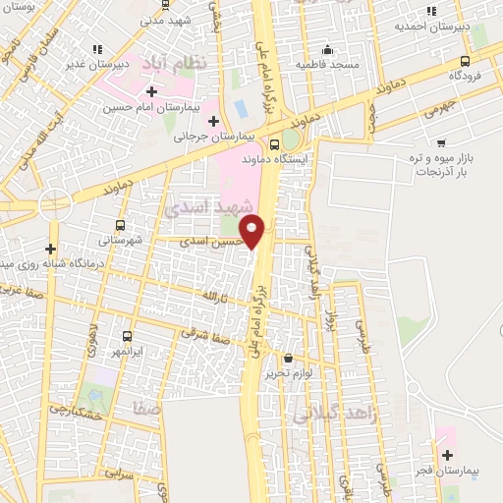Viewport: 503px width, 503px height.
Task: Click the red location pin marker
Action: point(253,230)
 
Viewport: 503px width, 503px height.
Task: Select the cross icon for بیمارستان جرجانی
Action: point(213,121)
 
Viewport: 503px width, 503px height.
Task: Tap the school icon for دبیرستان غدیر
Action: point(95,49)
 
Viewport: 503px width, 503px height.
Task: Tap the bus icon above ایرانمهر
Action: point(125,335)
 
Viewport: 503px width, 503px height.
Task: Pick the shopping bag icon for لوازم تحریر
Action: point(288,359)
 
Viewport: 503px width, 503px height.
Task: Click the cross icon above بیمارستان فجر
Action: point(447,455)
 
